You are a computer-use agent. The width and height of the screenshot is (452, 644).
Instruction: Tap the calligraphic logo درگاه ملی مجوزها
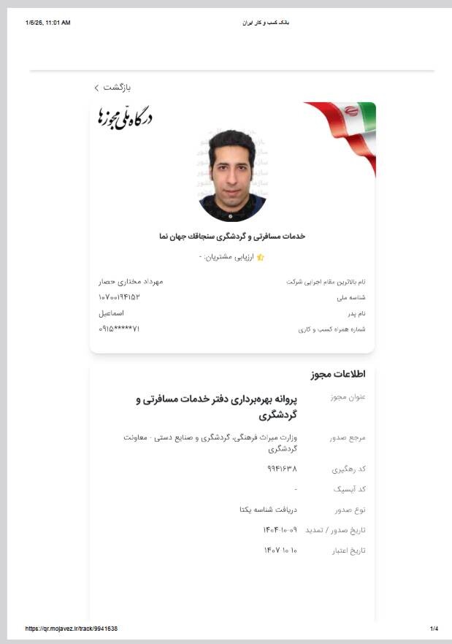click(125, 118)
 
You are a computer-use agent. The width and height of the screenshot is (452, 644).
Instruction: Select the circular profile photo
click(231, 176)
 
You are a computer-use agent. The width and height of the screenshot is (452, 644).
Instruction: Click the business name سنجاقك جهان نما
click(231, 237)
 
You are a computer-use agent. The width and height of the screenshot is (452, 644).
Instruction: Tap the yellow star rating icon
click(261, 258)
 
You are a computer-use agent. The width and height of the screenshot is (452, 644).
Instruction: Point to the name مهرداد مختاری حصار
click(131, 282)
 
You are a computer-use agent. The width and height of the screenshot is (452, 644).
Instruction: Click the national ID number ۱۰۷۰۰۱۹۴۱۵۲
click(119, 297)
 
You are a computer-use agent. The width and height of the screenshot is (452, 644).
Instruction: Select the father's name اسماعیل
click(112, 313)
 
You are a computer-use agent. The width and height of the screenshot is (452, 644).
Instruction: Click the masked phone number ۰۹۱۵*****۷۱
click(119, 329)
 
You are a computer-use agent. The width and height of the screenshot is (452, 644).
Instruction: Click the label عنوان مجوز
click(348, 398)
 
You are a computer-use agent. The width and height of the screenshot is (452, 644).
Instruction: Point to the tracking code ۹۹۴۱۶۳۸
click(282, 468)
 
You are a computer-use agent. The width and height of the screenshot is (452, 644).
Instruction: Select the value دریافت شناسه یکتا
click(269, 509)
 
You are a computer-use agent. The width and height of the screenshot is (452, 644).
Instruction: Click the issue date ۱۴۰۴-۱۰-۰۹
click(280, 529)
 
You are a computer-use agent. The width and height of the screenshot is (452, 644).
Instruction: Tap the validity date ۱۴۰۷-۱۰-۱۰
click(280, 550)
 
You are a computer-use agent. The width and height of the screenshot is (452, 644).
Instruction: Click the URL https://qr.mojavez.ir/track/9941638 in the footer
click(72, 629)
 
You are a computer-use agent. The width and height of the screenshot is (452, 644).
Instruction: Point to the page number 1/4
click(434, 629)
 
